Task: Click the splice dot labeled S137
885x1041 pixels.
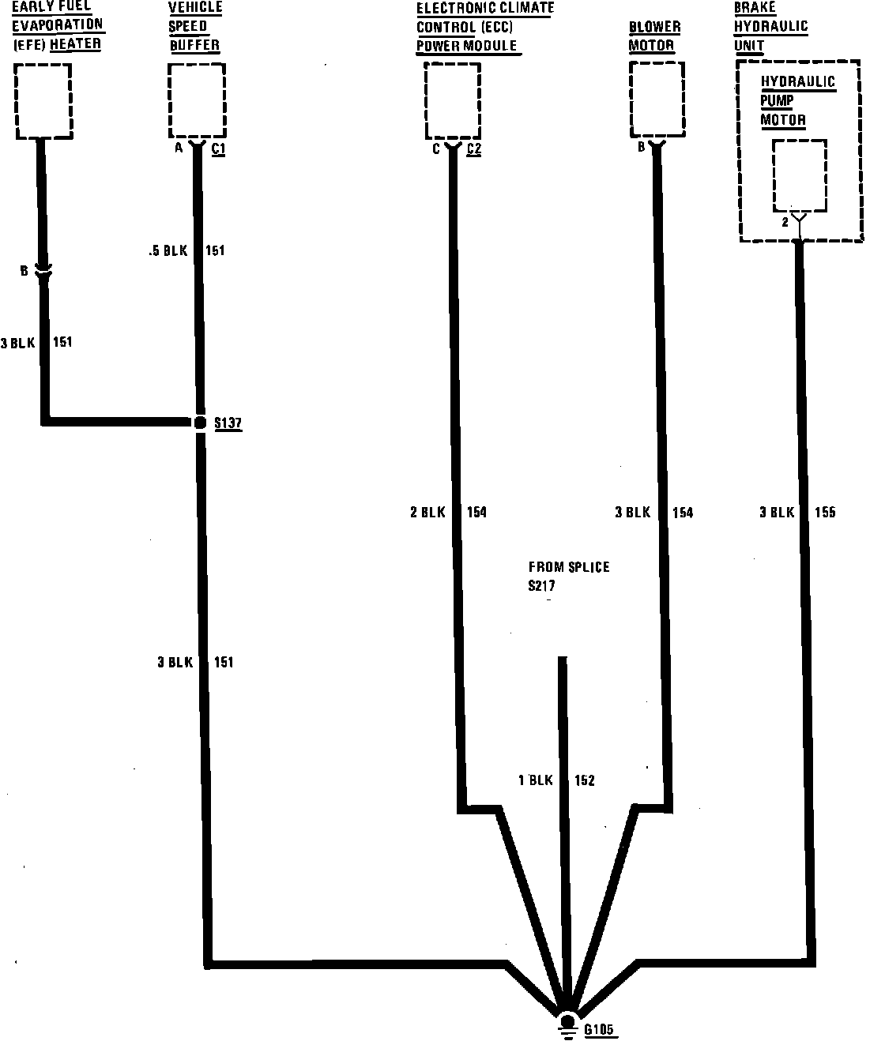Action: tap(200, 423)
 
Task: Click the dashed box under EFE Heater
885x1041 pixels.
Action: tap(43, 101)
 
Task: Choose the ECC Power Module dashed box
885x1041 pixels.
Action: tap(452, 101)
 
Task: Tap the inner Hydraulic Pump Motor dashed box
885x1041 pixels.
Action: tap(800, 175)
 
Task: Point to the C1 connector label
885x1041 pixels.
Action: tap(218, 148)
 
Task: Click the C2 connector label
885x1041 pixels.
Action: tap(474, 148)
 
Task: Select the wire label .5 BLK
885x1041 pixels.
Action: tap(168, 251)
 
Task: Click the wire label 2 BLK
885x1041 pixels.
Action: tap(427, 513)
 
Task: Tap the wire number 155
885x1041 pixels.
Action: tap(824, 513)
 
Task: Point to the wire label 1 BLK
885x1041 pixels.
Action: tap(535, 780)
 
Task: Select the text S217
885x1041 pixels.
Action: tap(542, 586)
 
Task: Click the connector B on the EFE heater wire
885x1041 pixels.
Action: tap(43, 272)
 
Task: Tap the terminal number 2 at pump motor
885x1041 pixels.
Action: tap(785, 223)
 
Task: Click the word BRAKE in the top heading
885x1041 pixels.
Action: tap(755, 8)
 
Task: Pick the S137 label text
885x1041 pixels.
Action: tap(228, 423)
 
